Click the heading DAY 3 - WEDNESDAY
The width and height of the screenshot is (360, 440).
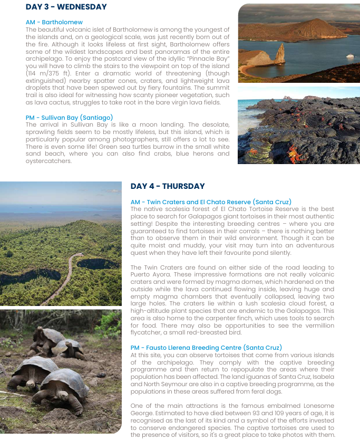pyautogui.click(x=66, y=7)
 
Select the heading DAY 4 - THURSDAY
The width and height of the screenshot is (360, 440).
pyautogui.click(x=168, y=186)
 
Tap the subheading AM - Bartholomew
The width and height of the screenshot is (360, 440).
pyautogui.click(x=54, y=22)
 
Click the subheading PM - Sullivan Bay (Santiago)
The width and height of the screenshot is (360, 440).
pyautogui.click(x=69, y=117)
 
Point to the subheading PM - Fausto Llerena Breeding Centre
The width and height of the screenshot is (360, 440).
pyautogui.click(x=206, y=347)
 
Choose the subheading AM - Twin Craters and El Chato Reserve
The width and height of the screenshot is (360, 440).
pyautogui.click(x=211, y=202)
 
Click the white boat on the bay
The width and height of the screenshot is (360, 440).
pyautogui.click(x=349, y=56)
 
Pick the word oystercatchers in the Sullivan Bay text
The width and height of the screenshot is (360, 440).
pyautogui.click(x=48, y=161)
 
